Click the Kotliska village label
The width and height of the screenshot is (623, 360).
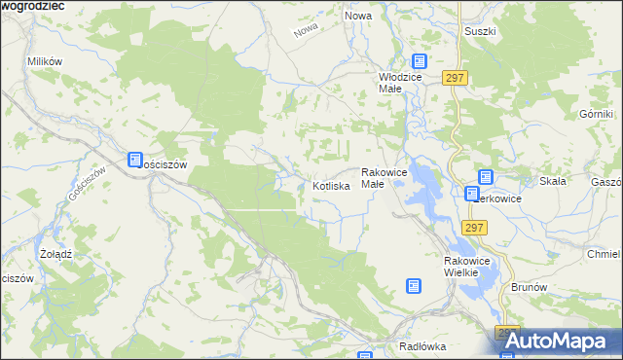[x=331, y=185]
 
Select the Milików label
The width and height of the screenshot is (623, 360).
[x=45, y=61]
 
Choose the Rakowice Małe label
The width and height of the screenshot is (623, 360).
[x=384, y=177]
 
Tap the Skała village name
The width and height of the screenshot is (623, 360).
[x=553, y=181]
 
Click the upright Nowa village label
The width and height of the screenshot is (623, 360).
[x=358, y=17]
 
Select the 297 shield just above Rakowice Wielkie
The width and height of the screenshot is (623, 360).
[x=474, y=228]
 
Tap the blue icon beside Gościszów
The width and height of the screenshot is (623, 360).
[x=135, y=161]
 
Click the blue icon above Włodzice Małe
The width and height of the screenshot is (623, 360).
[x=420, y=61]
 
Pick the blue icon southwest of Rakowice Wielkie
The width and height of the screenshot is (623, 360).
[x=414, y=286]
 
